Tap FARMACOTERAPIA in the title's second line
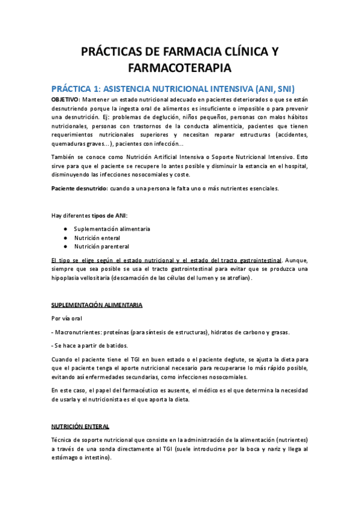[179, 67]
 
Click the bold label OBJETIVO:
[65, 98]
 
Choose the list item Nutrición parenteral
[101, 247]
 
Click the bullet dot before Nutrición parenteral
[65, 247]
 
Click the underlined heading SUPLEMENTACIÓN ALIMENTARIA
[97, 306]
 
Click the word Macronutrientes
[77, 333]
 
